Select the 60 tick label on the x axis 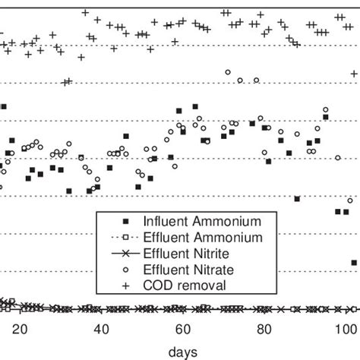point(182,329)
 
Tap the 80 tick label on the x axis point(263,329)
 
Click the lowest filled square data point point(354,263)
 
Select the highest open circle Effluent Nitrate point point(227,72)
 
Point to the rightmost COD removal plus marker point(354,74)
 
